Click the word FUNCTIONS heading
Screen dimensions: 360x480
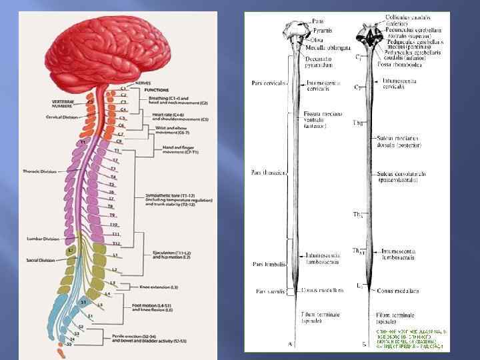pyautogui.click(x=156, y=89)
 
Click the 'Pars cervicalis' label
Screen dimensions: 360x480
pyautogui.click(x=268, y=83)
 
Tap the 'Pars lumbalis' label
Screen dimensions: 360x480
pyautogui.click(x=269, y=264)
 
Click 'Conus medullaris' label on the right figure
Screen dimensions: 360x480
pyautogui.click(x=399, y=291)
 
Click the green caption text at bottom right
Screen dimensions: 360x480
pyautogui.click(x=412, y=339)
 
